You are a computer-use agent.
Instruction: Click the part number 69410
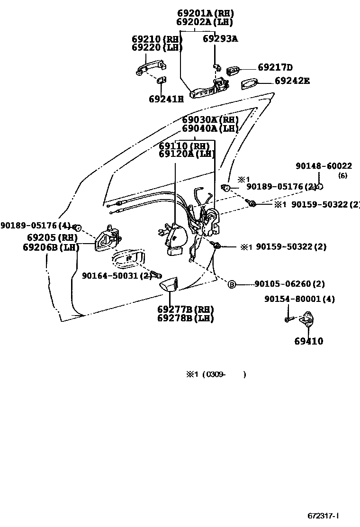pyautogui.click(x=308, y=341)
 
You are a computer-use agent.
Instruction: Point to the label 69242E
pyautogui.click(x=292, y=81)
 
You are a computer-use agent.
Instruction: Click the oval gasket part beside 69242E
pyautogui.click(x=249, y=83)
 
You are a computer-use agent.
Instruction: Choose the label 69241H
pyautogui.click(x=166, y=99)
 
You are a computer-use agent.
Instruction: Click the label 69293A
pyautogui.click(x=220, y=39)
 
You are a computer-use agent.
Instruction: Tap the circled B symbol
pyautogui.click(x=232, y=284)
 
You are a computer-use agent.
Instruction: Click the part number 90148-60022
pyautogui.click(x=324, y=166)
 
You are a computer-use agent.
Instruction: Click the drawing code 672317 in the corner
pyautogui.click(x=324, y=516)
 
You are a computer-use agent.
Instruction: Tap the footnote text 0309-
pyautogui.click(x=216, y=374)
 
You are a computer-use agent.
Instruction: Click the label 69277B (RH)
pyautogui.click(x=185, y=309)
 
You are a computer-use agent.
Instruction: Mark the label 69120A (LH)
pyautogui.click(x=187, y=154)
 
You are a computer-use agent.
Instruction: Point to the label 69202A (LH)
pyautogui.click(x=204, y=22)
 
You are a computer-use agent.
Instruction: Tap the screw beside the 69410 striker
pyautogui.click(x=288, y=320)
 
